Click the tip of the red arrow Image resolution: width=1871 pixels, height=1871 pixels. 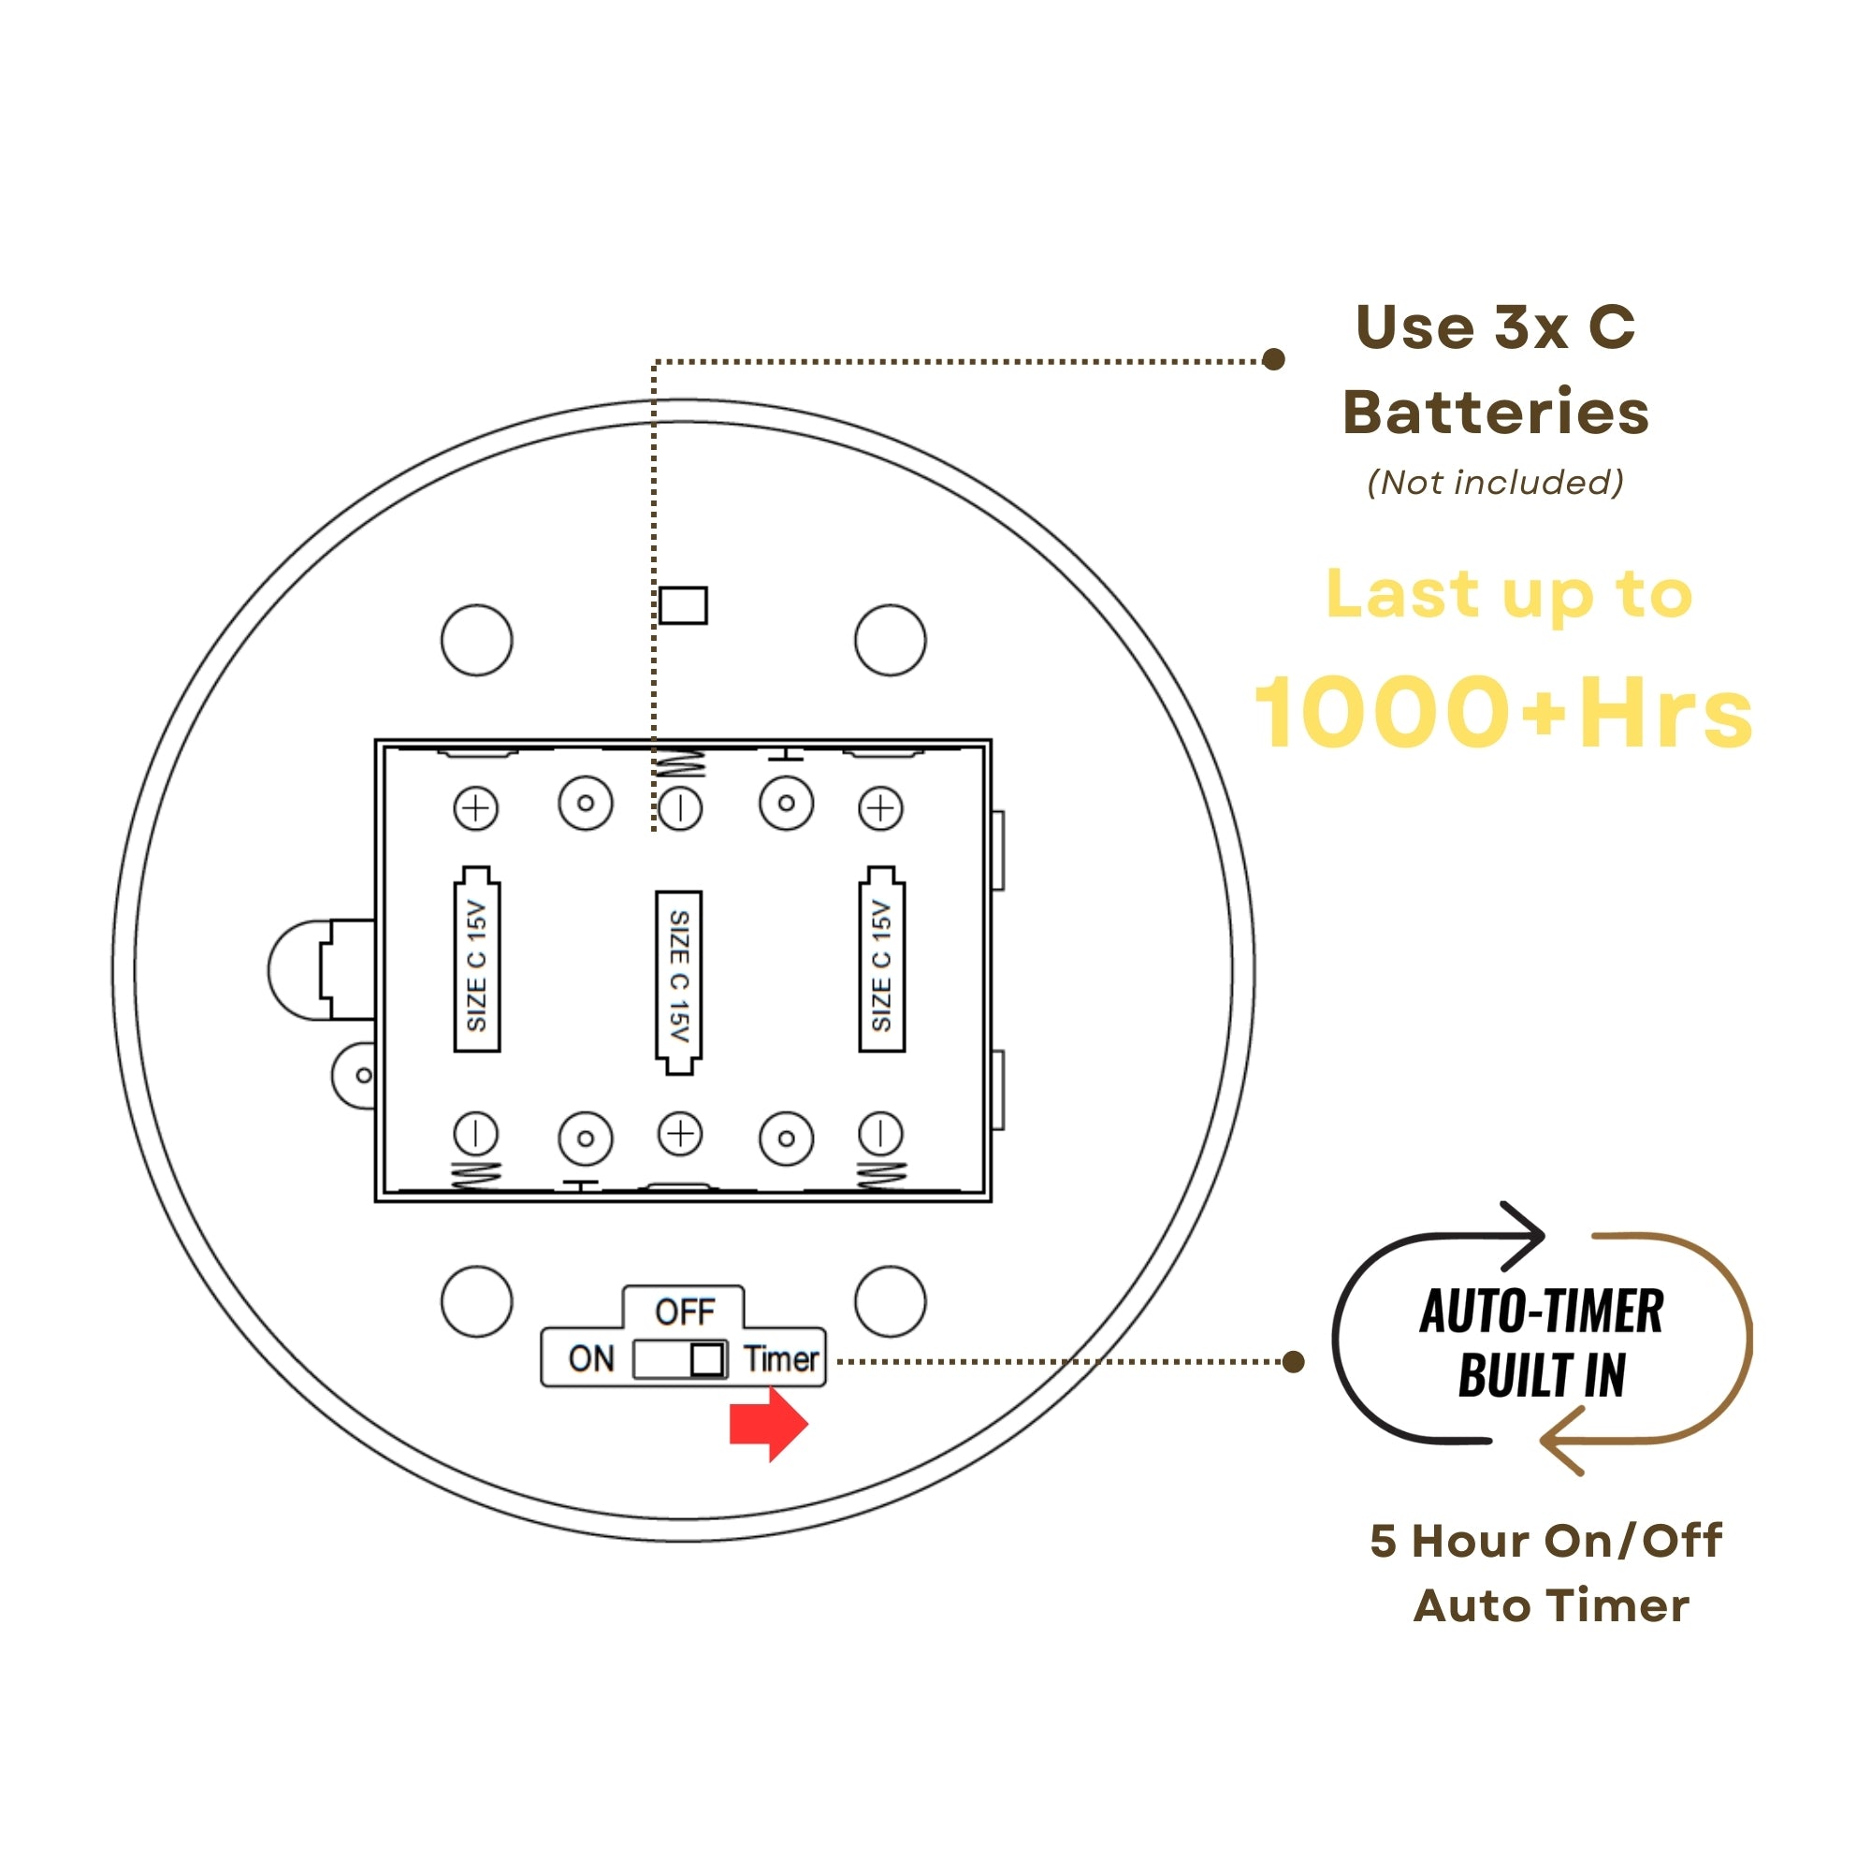807,1425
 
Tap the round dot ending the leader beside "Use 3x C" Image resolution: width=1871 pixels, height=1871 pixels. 1274,359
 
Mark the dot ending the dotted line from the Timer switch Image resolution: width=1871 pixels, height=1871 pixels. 1293,1361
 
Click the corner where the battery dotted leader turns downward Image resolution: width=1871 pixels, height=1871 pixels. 655,362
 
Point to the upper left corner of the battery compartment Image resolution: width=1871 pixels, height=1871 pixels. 376,740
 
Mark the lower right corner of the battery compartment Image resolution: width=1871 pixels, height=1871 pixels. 991,1201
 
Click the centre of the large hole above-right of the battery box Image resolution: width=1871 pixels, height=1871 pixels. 890,640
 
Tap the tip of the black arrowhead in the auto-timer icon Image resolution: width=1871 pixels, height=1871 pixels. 1544,1236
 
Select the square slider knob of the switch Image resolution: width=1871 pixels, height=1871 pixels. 707,1358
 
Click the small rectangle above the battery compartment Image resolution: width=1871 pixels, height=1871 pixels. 684,605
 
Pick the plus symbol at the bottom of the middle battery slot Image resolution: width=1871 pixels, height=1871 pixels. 680,1133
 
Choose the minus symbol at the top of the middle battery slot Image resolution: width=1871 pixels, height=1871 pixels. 680,807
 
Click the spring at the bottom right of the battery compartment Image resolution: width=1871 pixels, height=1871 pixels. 881,1175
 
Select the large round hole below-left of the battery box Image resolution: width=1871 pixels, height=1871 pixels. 476,1300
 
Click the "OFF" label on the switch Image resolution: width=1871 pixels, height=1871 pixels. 685,1312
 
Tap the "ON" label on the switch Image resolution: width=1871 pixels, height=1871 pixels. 592,1358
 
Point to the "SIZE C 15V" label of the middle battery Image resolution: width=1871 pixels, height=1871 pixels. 679,976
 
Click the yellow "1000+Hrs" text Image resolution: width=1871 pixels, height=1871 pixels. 1504,712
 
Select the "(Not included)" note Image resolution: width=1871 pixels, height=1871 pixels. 1495,483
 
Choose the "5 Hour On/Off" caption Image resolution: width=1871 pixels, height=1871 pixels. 1546,1540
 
